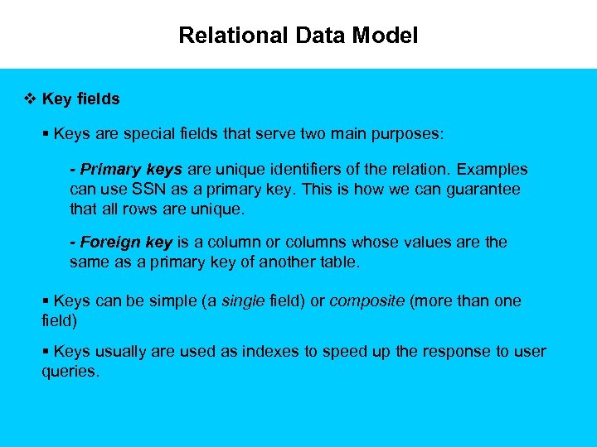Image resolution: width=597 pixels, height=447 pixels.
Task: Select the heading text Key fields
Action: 80,99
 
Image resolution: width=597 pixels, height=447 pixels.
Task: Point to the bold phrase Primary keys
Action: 131,170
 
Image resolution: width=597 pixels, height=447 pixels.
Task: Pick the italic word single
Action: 242,301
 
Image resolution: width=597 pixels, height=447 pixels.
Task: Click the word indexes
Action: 266,352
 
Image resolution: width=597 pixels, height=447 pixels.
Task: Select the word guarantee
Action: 484,190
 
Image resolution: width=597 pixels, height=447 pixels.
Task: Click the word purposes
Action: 407,132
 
